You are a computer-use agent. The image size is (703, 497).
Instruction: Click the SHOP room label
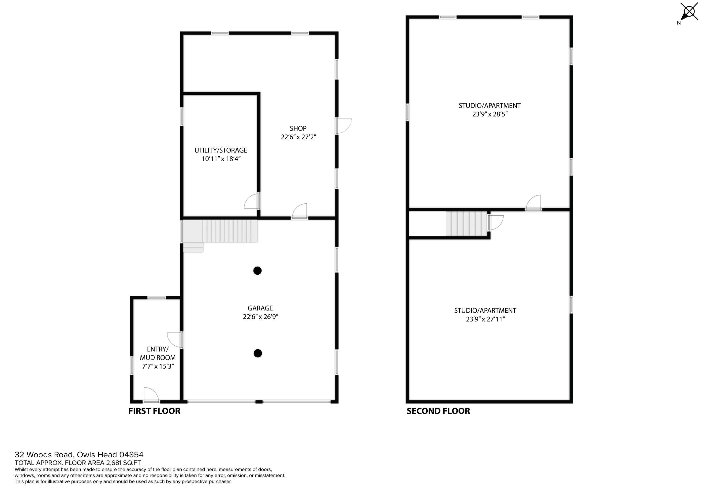pos(298,128)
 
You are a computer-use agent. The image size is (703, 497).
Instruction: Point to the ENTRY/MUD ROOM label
pos(158,353)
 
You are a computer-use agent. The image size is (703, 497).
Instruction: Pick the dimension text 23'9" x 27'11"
pos(485,319)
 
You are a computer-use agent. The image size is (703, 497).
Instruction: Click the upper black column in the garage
pos(258,271)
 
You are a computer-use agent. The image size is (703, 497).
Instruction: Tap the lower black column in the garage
pos(258,353)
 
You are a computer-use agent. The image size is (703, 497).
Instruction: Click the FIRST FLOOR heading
pos(154,411)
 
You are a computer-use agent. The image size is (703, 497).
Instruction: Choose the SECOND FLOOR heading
pos(438,411)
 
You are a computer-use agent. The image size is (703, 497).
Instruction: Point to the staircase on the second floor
pos(466,224)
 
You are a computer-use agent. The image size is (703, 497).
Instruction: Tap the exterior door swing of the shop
pos(344,126)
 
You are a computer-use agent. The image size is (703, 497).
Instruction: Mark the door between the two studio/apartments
pos(534,203)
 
